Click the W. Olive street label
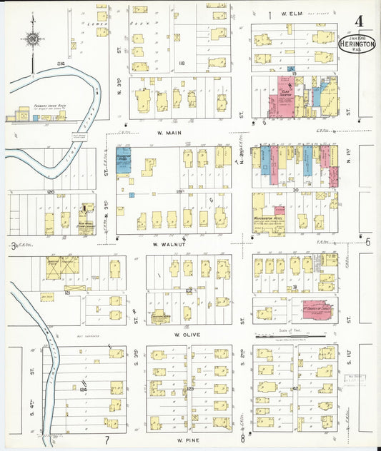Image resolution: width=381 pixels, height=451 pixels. coord(187,333)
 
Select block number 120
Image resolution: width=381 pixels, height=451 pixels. coord(50,193)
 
